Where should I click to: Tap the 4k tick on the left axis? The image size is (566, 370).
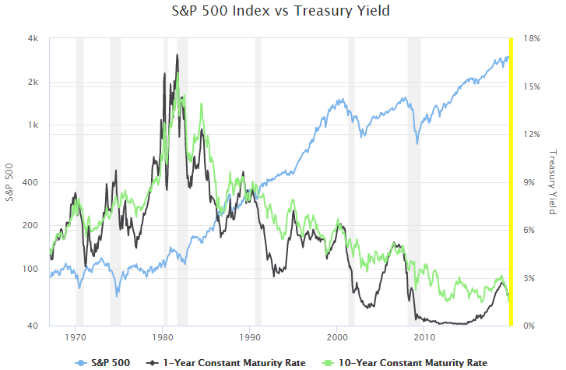click(35, 39)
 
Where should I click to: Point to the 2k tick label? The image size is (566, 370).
click(35, 83)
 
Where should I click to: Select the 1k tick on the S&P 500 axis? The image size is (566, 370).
click(35, 125)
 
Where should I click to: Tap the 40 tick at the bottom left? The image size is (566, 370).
click(35, 326)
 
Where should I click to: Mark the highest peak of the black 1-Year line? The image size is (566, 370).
click(178, 55)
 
